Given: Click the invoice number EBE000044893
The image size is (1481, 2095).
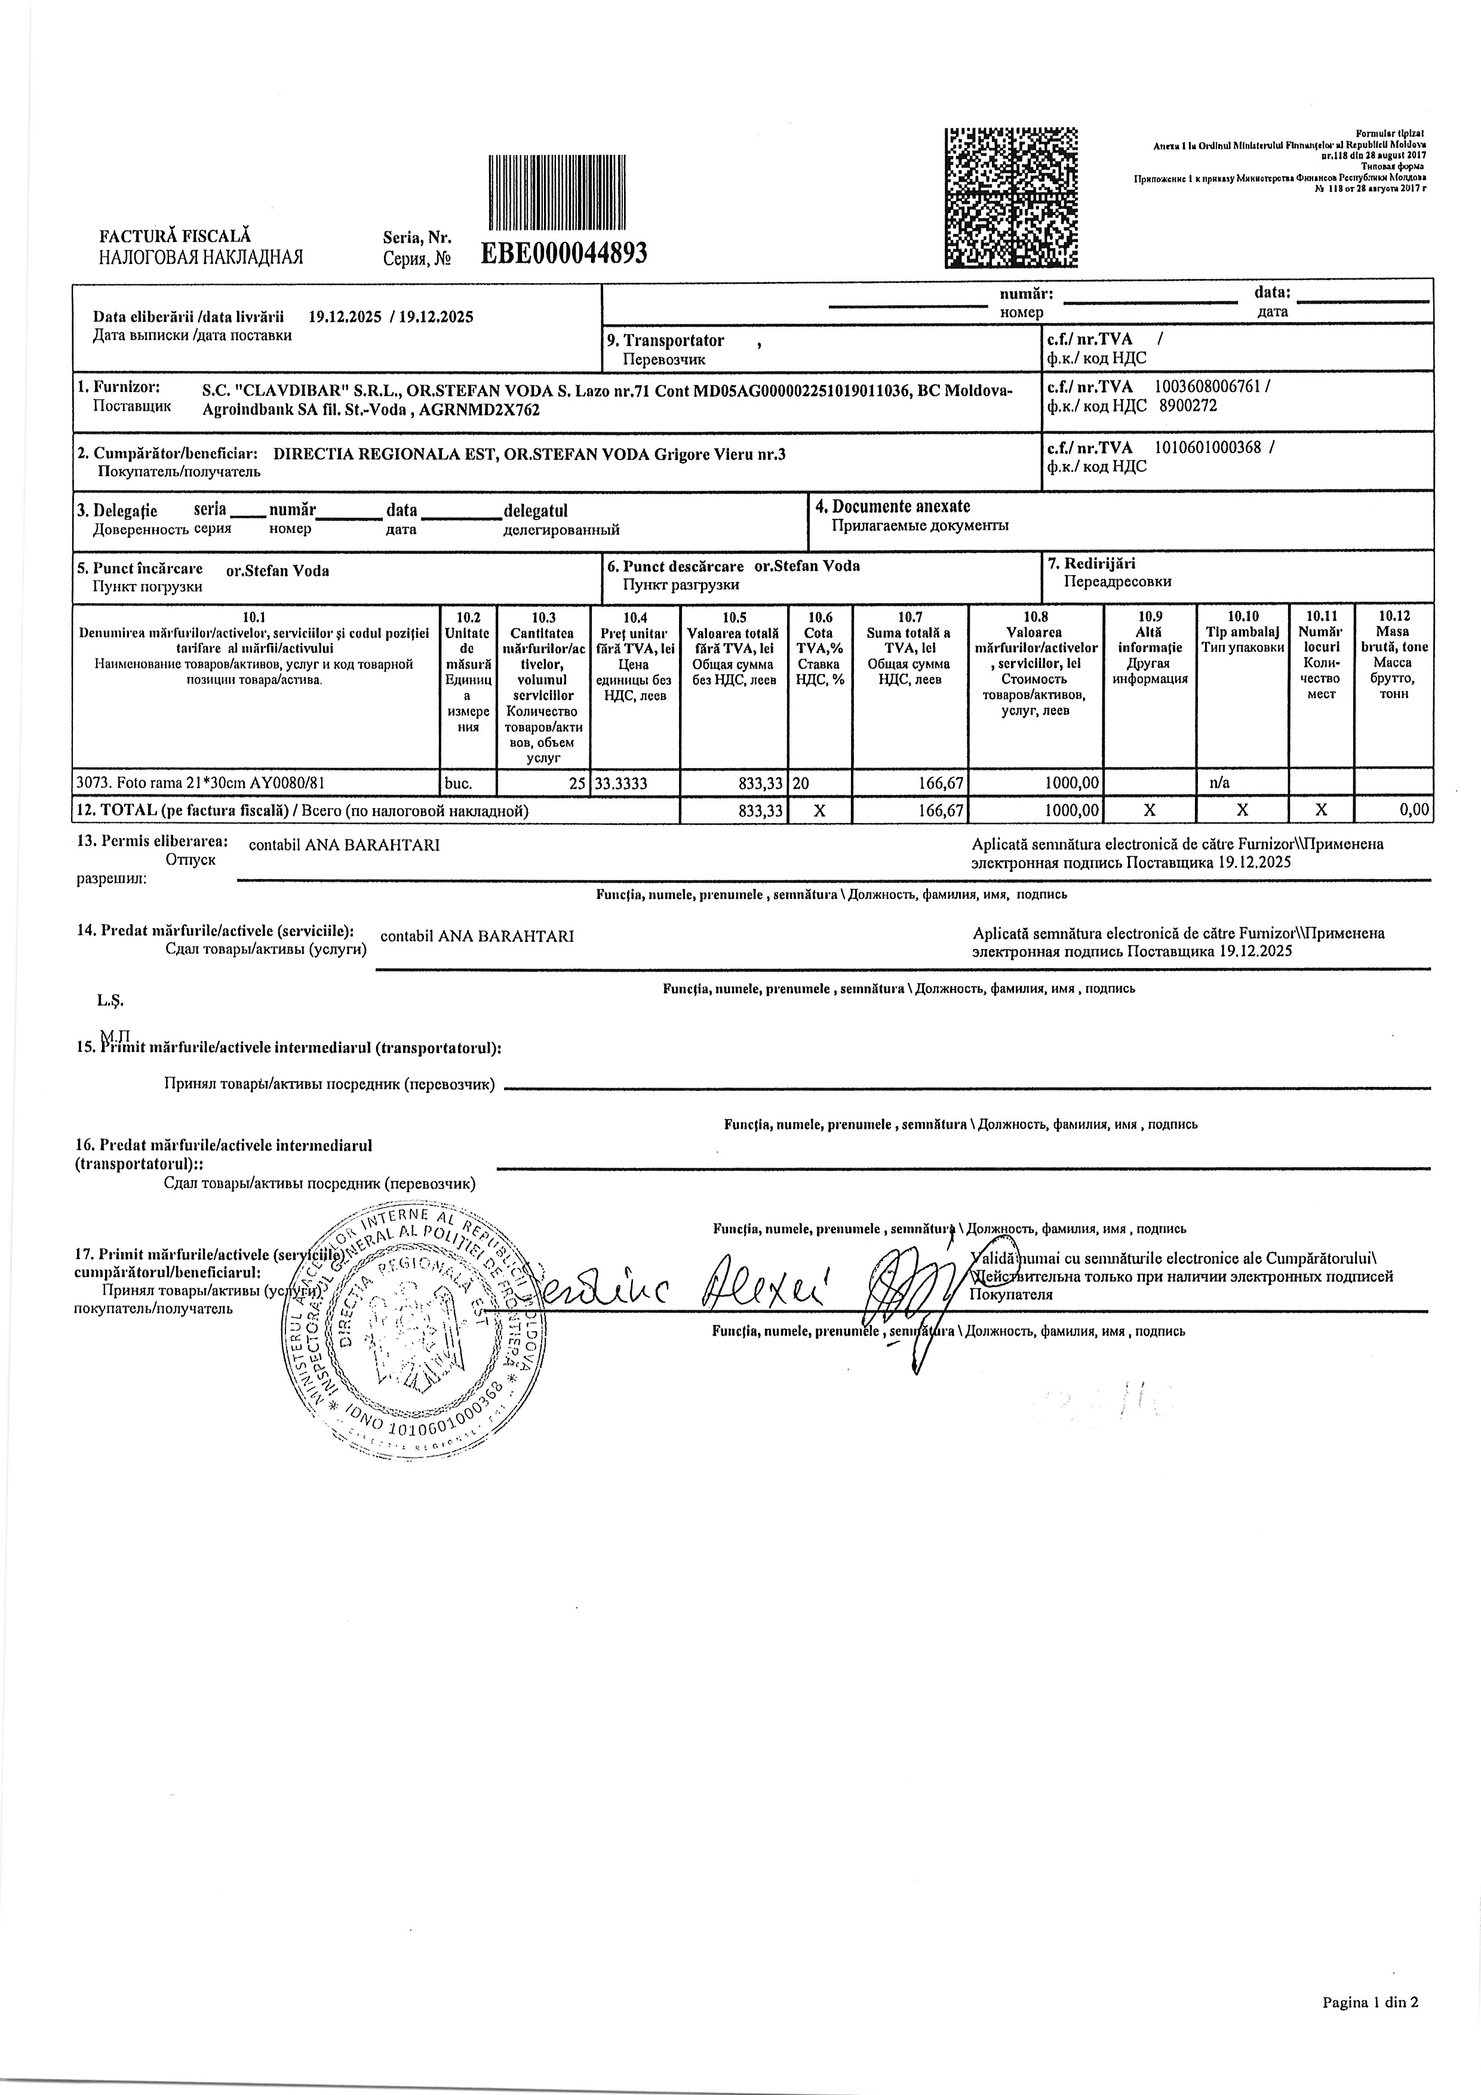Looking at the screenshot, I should tap(563, 253).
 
